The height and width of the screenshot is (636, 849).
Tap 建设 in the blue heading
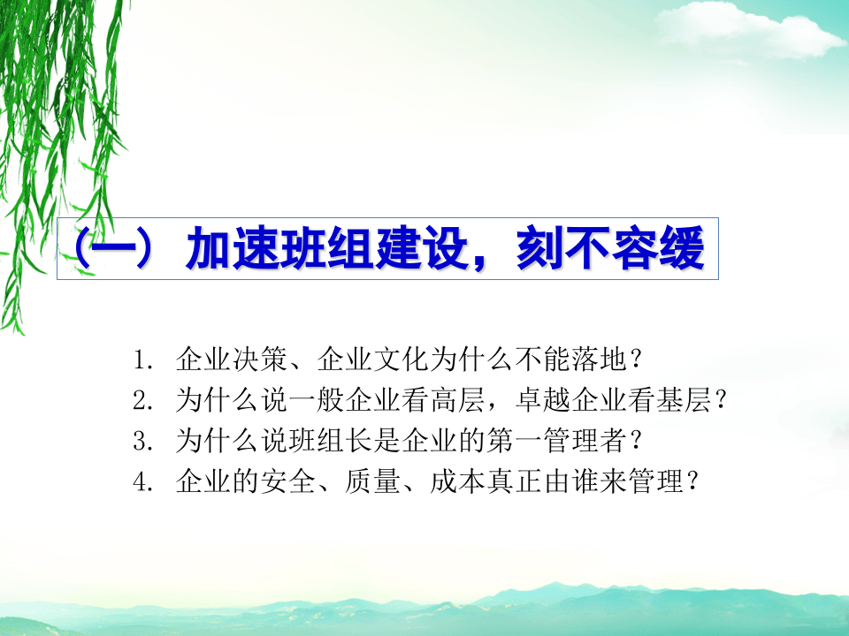click(431, 250)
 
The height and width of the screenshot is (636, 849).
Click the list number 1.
click(142, 360)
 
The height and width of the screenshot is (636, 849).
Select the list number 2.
click(142, 401)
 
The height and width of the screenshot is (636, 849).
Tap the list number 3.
click(142, 442)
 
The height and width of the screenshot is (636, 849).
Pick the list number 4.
click(142, 482)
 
